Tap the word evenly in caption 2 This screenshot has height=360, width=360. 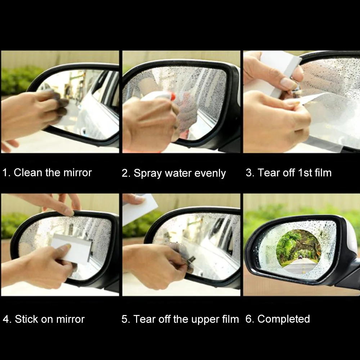210,174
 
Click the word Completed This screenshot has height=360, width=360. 284,319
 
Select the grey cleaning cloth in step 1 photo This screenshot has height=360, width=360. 61,108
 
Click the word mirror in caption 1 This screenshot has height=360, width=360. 78,173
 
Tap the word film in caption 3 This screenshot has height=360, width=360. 323,173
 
